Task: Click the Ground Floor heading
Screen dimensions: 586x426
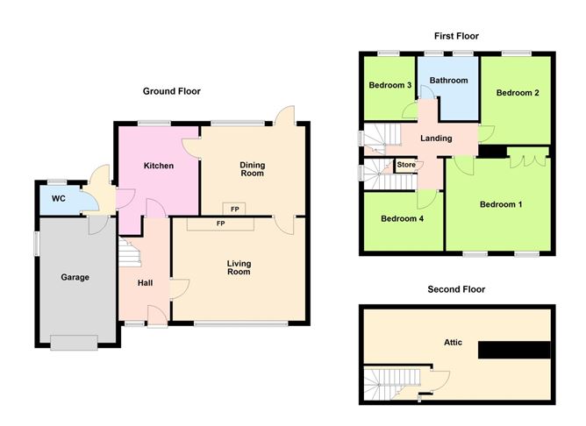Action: tap(172, 91)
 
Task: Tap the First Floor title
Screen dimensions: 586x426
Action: tap(456, 36)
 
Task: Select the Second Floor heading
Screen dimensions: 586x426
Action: tap(456, 289)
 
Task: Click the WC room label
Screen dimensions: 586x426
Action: tap(58, 199)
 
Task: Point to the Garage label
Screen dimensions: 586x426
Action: tap(75, 277)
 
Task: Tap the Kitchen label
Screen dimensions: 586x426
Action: tap(159, 166)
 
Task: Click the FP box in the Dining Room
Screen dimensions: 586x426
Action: tap(234, 209)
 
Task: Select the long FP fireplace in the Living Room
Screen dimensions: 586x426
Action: tap(220, 224)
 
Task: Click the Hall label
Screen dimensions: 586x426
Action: tap(145, 283)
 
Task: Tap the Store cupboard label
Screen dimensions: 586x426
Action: tap(406, 165)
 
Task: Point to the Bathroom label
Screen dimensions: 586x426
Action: tap(448, 81)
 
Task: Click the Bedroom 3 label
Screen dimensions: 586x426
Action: tap(389, 85)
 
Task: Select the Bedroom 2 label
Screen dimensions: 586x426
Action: tap(518, 93)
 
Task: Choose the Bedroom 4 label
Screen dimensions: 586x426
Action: tap(402, 218)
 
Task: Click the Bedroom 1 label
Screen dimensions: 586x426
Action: tap(501, 204)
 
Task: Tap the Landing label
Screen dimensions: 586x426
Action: tap(436, 138)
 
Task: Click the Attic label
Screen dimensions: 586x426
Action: tap(453, 342)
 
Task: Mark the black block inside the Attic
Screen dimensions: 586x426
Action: tap(514, 350)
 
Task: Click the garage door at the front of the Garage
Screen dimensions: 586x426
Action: tap(74, 343)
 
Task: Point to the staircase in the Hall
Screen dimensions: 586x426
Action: tap(129, 252)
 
